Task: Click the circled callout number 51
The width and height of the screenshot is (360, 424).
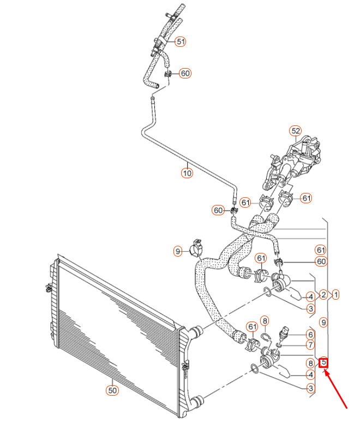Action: [180, 41]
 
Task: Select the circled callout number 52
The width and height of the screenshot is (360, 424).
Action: [295, 131]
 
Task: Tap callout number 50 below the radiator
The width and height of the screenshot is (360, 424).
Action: [112, 390]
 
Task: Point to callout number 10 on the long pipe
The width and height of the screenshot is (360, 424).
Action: [187, 173]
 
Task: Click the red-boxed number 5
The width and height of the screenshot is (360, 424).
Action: [323, 361]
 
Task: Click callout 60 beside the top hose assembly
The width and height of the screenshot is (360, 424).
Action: [185, 73]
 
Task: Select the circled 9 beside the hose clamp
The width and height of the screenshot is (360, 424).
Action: [178, 251]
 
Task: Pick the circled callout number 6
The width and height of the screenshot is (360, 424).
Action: [310, 335]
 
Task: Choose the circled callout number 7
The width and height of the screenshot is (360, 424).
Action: [310, 346]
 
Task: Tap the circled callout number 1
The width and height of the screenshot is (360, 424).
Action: [336, 295]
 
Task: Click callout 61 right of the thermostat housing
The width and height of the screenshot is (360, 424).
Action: [306, 198]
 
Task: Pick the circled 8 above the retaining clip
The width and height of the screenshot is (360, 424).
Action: [265, 320]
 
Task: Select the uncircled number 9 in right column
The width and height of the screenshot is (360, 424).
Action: [323, 323]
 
